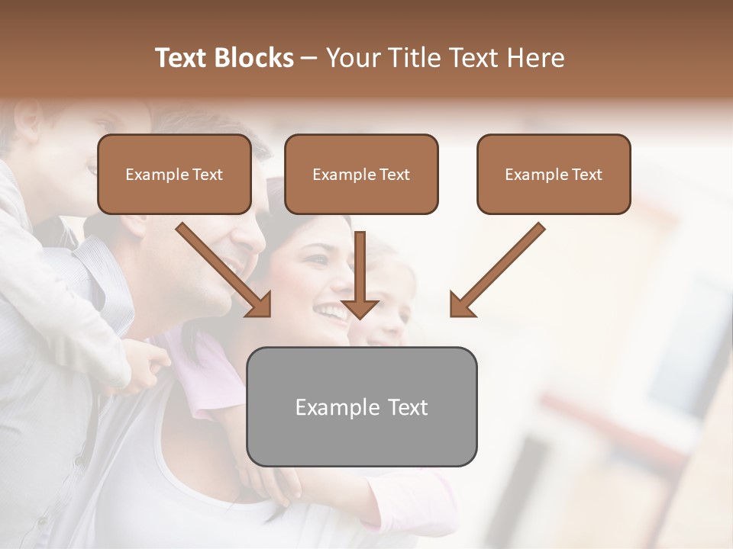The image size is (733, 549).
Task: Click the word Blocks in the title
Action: coord(254,58)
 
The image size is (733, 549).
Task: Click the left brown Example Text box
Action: coord(174,174)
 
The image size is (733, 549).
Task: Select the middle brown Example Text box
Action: coord(361,174)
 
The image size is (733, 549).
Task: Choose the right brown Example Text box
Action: coord(554,174)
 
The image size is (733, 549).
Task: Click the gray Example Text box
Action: coord(362,407)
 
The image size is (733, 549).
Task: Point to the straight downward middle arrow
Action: coord(360,267)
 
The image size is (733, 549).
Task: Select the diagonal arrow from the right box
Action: coord(504,264)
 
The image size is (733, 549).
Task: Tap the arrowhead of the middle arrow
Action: coord(360,308)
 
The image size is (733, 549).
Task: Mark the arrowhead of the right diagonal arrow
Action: coord(461,304)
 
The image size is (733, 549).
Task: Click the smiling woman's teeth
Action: coord(331,311)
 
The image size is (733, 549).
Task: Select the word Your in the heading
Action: coord(354,58)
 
